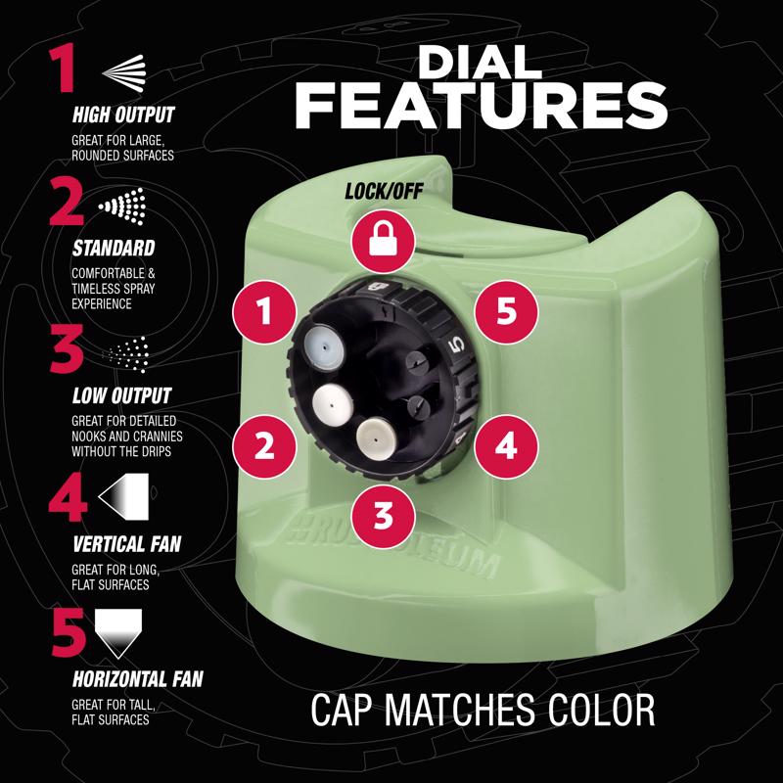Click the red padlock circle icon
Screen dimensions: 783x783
point(383,241)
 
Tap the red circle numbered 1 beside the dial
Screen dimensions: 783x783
point(264,311)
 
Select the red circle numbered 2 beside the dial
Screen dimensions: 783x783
point(264,446)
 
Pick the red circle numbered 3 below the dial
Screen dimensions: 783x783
point(383,517)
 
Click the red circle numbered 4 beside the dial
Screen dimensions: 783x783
point(506,446)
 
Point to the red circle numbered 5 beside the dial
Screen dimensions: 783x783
point(506,311)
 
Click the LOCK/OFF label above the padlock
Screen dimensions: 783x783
point(384,191)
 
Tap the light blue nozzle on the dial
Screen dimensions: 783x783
point(325,345)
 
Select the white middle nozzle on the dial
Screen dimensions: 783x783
point(332,402)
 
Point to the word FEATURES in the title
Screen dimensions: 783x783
point(482,106)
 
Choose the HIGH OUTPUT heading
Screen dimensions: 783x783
point(123,115)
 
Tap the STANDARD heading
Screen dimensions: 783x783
point(114,249)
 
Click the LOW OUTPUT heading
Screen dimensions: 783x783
point(121,395)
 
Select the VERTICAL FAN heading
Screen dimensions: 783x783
point(127,544)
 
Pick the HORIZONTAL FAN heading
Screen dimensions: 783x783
point(138,679)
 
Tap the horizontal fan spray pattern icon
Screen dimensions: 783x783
point(118,633)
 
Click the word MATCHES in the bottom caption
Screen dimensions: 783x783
point(459,709)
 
